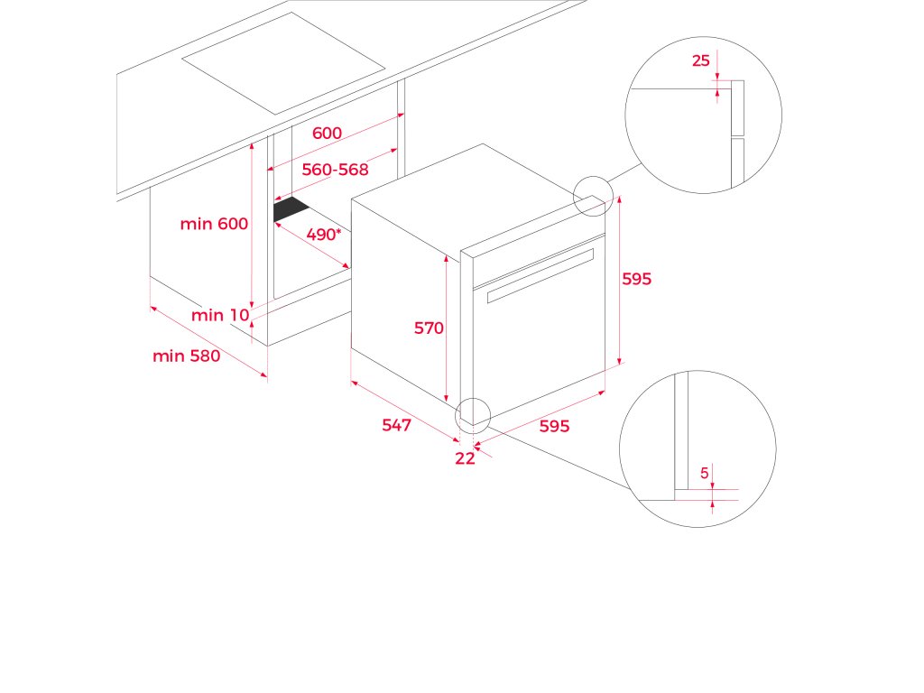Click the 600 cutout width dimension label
coord(327,134)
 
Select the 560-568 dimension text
coord(335,170)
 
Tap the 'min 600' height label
coord(214,224)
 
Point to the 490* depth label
coord(324,235)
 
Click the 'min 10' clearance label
coord(220,315)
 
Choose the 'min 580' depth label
coord(186,356)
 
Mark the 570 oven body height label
coord(429,328)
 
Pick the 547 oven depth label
coord(396,425)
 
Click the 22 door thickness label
coord(465,458)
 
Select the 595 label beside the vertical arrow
coord(636,279)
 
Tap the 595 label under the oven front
coord(554,427)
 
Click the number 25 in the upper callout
coord(701,61)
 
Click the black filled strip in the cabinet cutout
coord(291,209)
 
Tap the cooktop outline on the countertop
coord(283,62)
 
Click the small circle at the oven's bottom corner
coord(472,414)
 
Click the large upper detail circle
coord(703,115)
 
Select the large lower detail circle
coord(697,448)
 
